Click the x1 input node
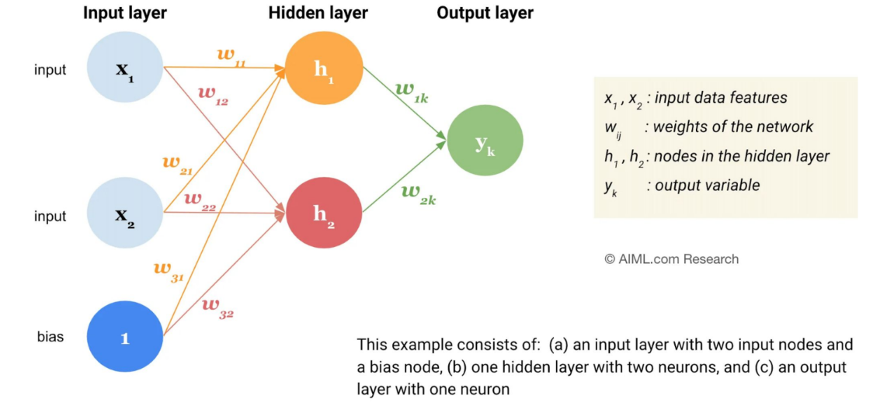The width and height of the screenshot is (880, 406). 125,68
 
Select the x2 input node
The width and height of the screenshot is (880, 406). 125,213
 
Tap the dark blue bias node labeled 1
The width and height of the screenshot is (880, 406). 125,337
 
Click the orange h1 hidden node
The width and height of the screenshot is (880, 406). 324,68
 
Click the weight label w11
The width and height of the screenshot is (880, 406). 230,57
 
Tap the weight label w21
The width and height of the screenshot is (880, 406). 176,165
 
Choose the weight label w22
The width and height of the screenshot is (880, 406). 200,200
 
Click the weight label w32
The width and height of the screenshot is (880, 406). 217,307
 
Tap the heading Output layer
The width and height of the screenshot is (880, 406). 485,13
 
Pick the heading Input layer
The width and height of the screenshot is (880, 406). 124,13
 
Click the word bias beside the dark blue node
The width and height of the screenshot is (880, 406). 50,337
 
